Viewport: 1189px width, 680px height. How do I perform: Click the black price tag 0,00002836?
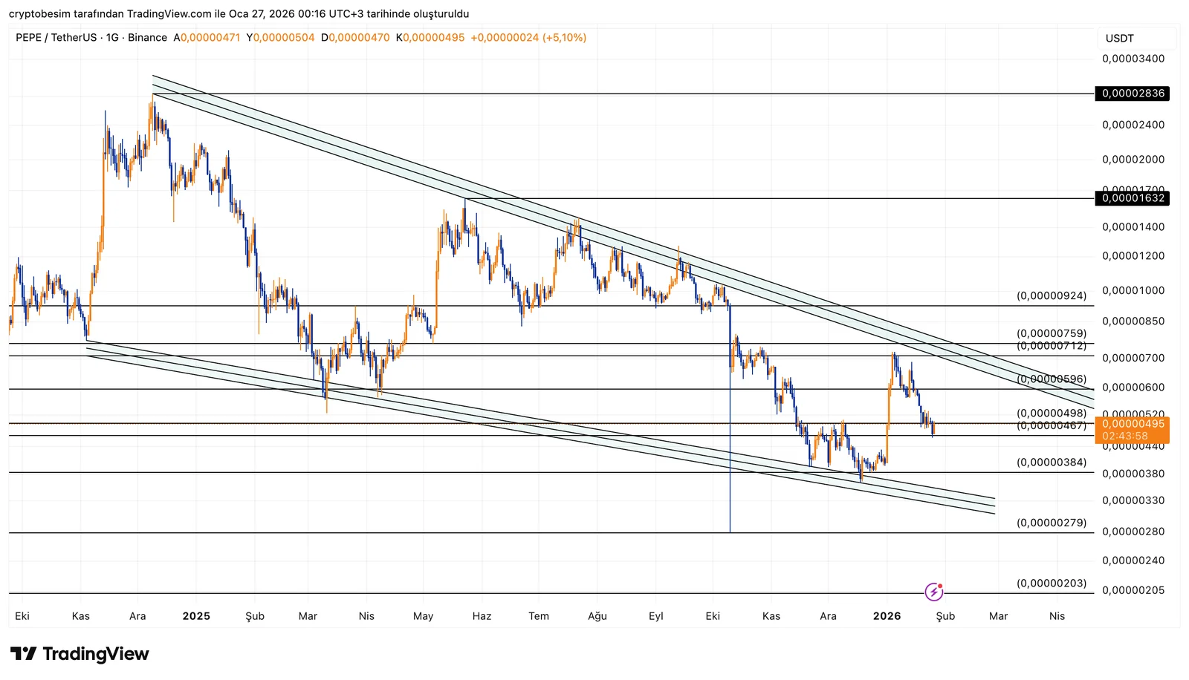[x=1133, y=94]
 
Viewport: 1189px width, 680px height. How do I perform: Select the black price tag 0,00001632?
[x=1133, y=198]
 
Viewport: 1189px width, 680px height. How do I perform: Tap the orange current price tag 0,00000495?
[x=1133, y=425]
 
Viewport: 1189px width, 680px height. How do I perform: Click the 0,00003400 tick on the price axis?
[x=1133, y=59]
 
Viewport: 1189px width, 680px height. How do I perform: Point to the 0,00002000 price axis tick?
[x=1133, y=160]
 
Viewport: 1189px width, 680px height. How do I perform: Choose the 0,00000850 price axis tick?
[x=1133, y=321]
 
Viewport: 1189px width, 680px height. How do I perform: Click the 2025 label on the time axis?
[x=196, y=616]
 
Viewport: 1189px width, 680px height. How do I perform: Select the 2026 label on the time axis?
[x=887, y=616]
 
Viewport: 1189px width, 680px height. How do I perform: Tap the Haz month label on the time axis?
[x=482, y=616]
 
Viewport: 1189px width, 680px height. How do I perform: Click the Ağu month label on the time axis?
[x=597, y=616]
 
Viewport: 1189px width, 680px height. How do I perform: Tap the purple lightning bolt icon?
[x=934, y=592]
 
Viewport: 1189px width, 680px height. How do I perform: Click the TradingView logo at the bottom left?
[x=80, y=654]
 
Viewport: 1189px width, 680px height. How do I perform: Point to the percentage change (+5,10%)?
[x=564, y=37]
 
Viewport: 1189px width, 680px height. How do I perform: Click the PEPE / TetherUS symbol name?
[x=56, y=37]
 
